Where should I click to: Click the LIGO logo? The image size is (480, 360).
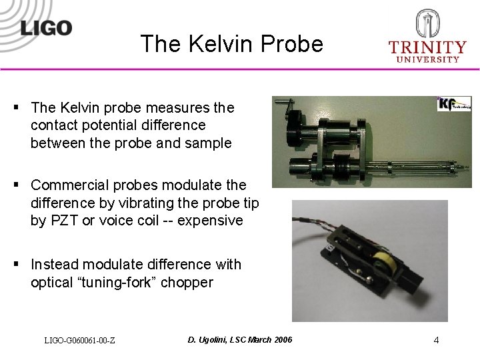[45, 27]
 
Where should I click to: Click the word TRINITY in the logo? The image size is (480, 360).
[427, 47]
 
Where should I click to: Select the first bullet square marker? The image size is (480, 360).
[15, 107]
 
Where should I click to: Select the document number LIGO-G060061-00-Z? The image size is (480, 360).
[79, 341]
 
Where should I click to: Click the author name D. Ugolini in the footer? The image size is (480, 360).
[211, 340]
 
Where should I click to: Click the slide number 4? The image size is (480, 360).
[436, 340]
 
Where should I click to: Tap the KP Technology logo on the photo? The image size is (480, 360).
[454, 104]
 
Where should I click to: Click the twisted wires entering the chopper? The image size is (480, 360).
[313, 221]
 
